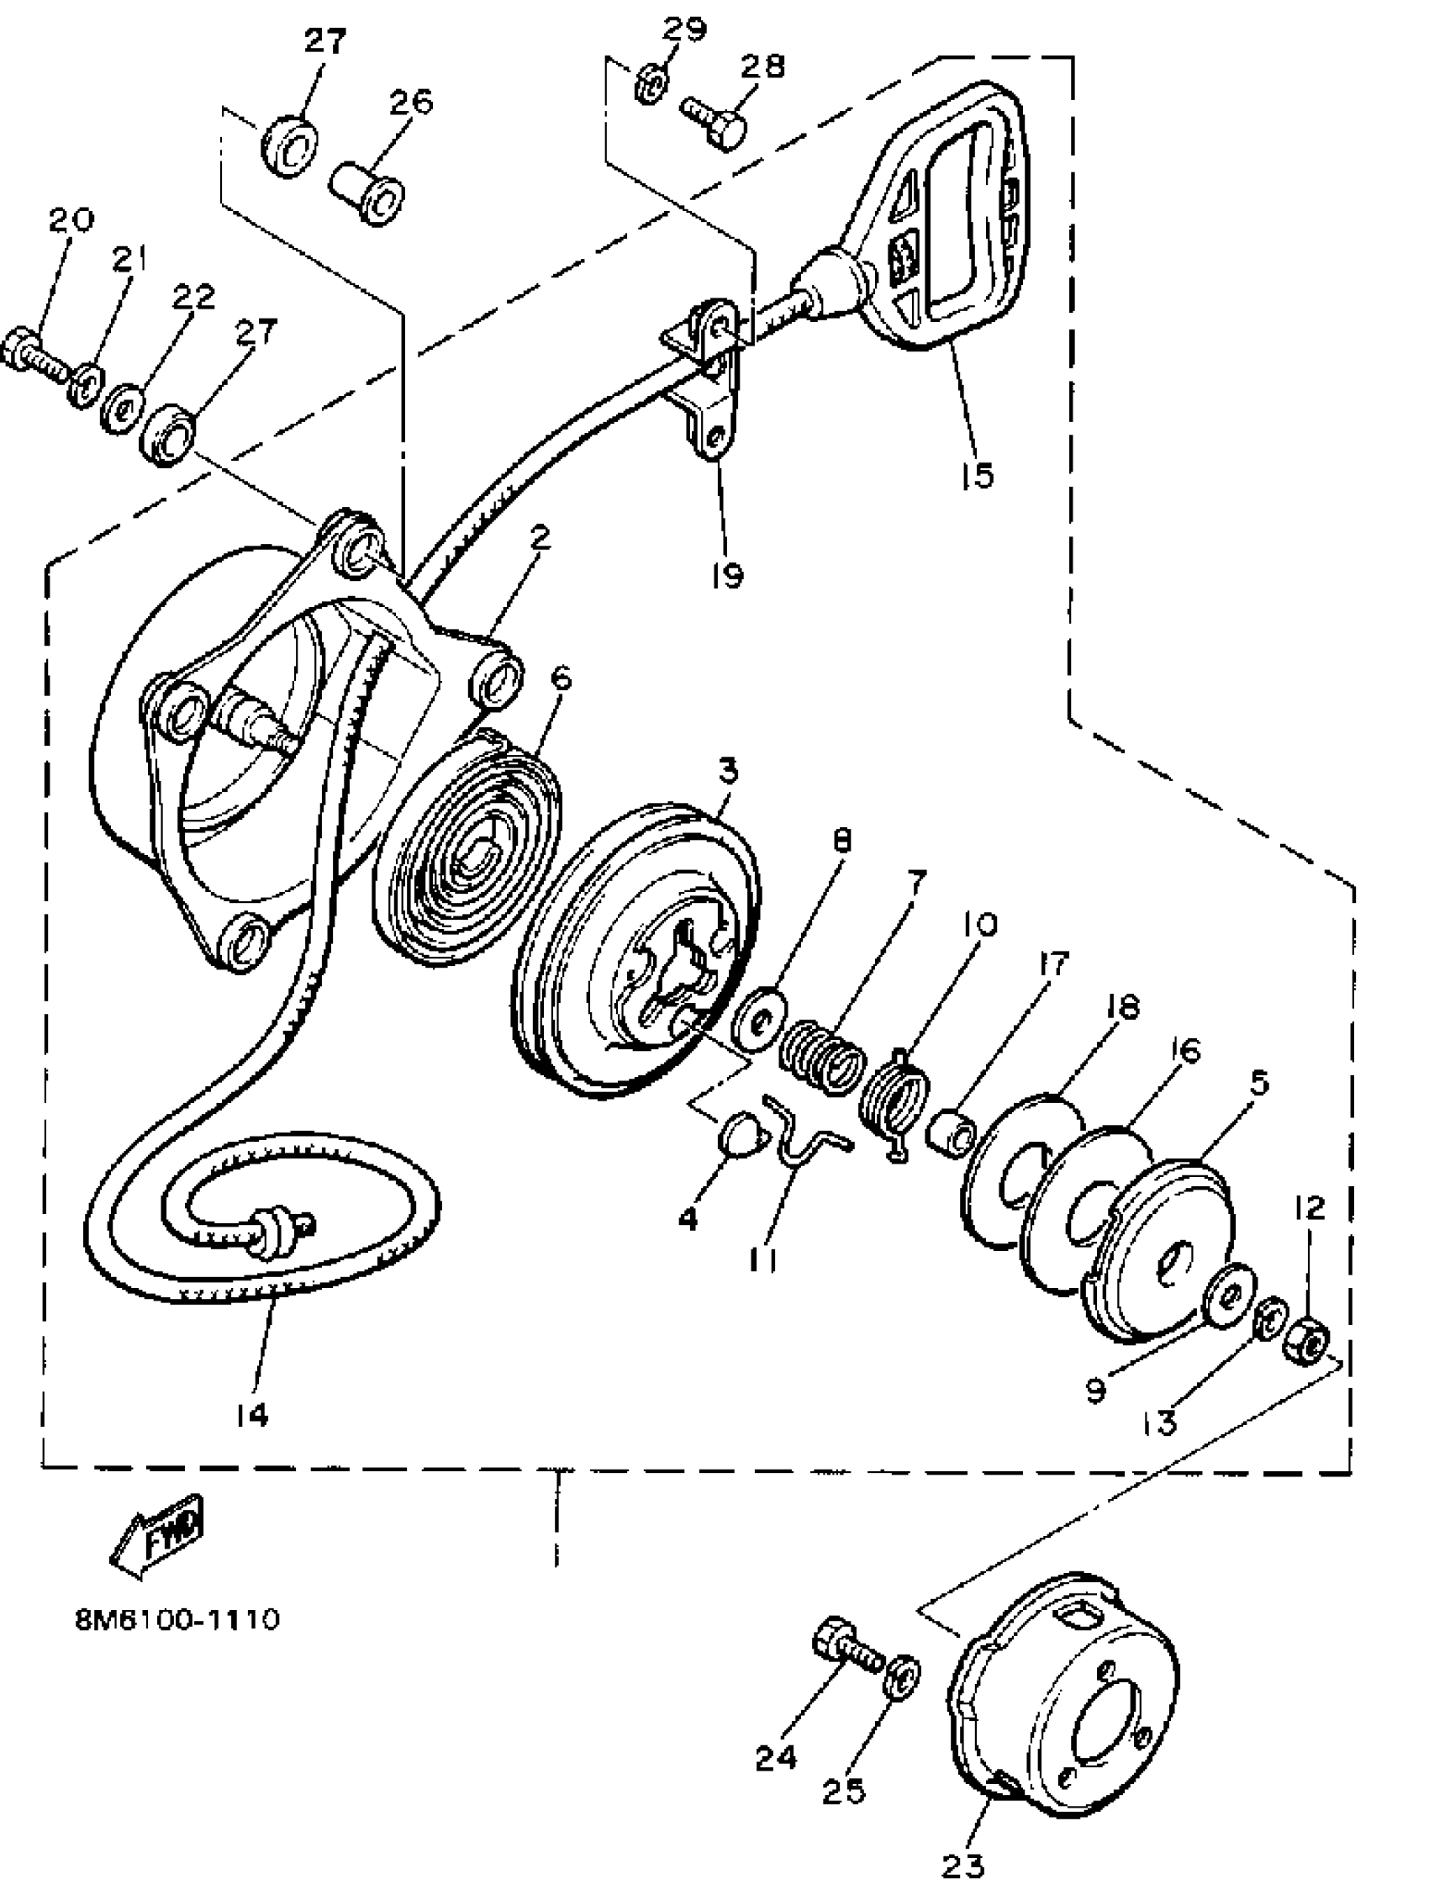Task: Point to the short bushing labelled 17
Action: [948, 1130]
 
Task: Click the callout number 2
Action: [540, 537]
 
